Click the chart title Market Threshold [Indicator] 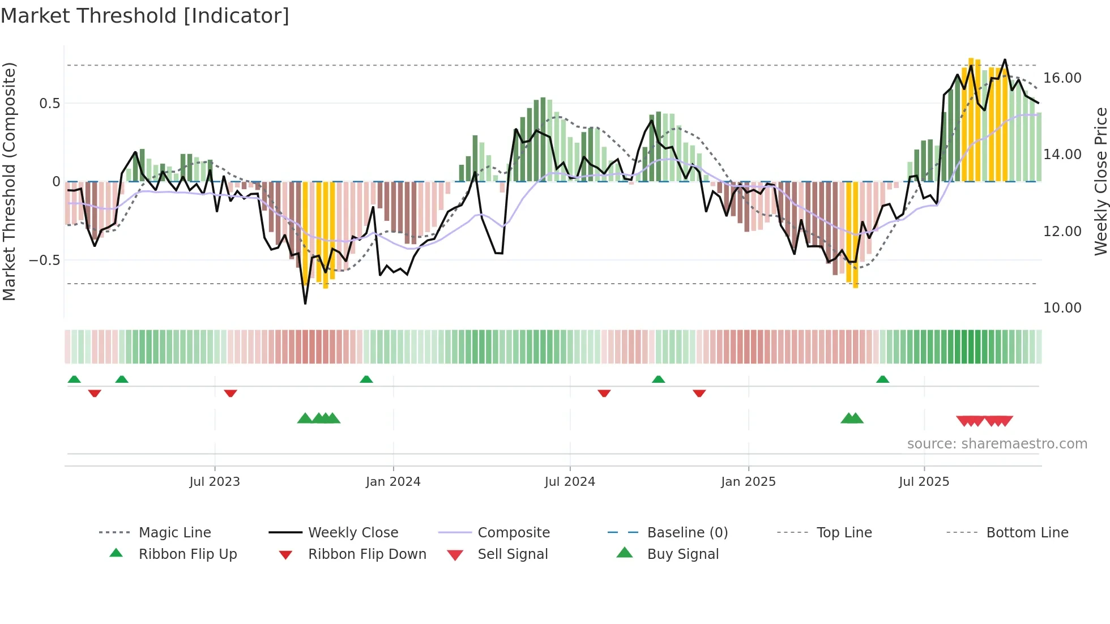[145, 16]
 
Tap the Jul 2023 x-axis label [215, 482]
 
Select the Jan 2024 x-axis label [393, 482]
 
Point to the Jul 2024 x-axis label [570, 482]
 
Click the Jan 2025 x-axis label [748, 482]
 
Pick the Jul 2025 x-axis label [924, 482]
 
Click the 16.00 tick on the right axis [1062, 78]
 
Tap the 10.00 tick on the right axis [1062, 308]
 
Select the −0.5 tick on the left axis [44, 260]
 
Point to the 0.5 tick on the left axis [49, 104]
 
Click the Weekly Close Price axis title [1100, 181]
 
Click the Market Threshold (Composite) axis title [9, 181]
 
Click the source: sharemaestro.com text [997, 444]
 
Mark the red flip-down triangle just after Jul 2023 [230, 393]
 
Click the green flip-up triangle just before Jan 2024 [366, 379]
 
